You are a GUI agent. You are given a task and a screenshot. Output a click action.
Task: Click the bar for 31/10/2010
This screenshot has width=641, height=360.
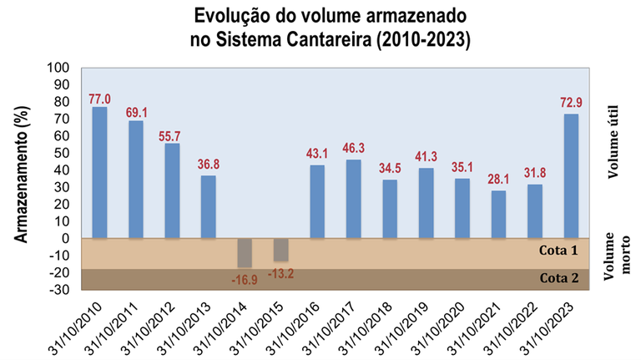tap(99, 172)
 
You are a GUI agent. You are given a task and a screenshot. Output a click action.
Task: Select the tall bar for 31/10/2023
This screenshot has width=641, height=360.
tap(571, 175)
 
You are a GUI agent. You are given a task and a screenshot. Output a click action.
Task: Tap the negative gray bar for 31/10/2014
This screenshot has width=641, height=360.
tap(245, 252)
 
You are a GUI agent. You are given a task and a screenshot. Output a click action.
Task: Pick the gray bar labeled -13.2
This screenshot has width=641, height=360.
tap(281, 249)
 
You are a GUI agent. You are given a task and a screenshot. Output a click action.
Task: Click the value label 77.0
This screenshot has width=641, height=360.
tap(99, 98)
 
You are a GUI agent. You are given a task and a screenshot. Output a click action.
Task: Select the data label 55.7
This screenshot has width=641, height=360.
tap(172, 134)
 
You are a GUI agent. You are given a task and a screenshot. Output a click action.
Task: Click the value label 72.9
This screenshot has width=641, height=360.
tap(571, 104)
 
